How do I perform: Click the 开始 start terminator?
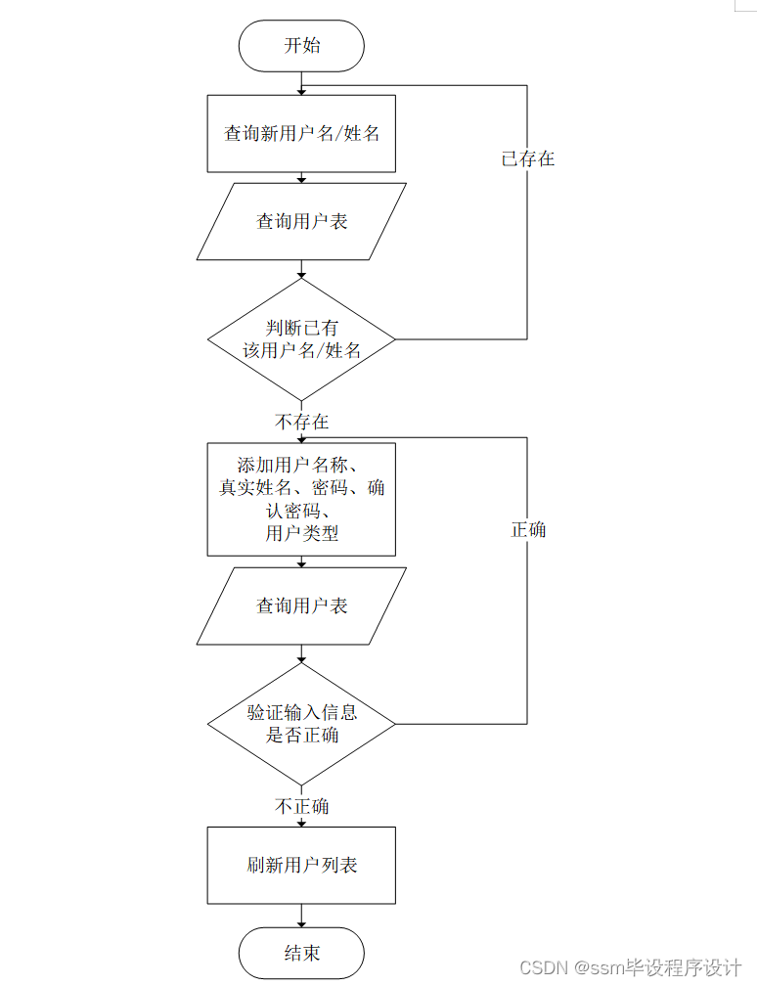301,46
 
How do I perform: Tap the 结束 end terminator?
301,953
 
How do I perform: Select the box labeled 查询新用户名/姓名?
301,133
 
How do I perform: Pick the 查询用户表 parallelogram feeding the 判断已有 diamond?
301,222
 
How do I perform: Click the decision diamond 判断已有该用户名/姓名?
301,339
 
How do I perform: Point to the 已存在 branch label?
528,158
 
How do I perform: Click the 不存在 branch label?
301,423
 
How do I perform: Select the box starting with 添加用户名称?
301,499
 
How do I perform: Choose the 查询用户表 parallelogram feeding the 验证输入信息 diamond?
301,606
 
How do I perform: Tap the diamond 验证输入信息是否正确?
301,724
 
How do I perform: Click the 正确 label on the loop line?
528,529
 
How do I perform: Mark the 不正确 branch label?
301,807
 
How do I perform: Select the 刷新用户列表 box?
301,866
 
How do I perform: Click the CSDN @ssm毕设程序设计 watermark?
630,967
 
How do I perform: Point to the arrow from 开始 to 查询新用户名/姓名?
301,83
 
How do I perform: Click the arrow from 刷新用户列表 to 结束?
301,917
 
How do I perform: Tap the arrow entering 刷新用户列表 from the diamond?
301,820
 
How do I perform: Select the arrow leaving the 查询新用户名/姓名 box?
301,177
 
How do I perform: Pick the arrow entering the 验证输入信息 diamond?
301,654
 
